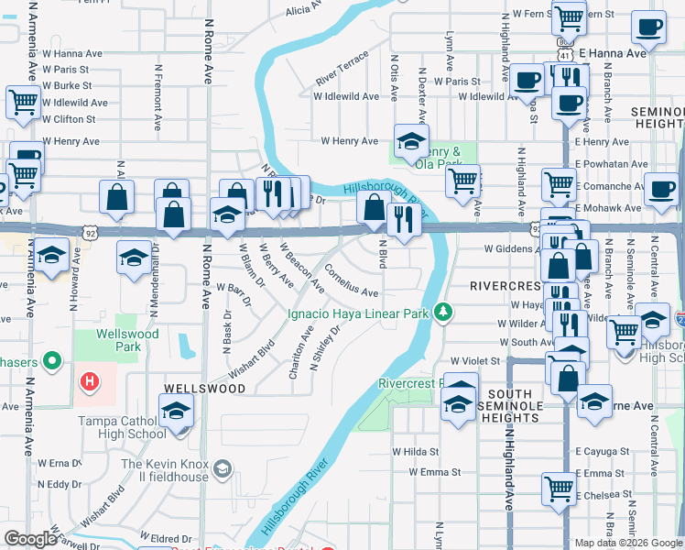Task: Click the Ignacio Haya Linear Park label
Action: [359, 313]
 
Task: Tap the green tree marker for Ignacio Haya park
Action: [443, 313]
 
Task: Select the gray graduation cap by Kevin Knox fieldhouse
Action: [222, 470]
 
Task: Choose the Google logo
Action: [30, 539]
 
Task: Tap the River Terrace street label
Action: [342, 68]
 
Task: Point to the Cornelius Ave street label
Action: [352, 282]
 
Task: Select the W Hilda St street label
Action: [416, 451]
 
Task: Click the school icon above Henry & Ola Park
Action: [411, 140]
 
